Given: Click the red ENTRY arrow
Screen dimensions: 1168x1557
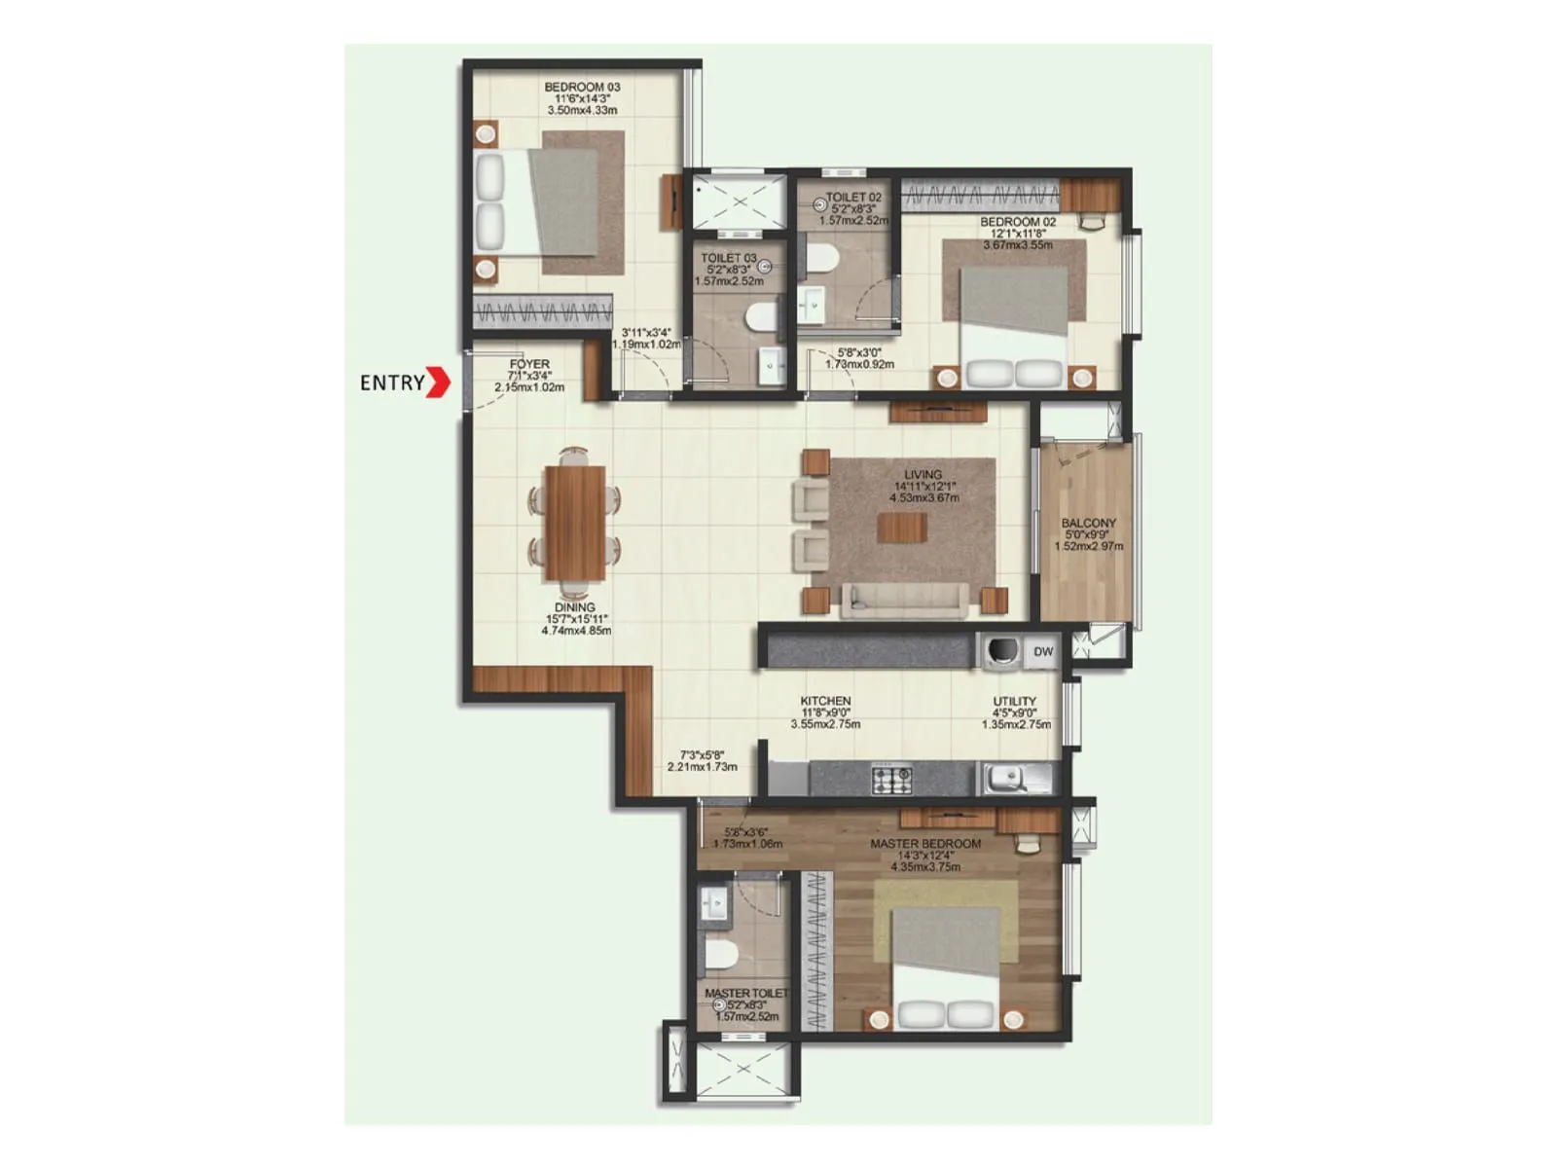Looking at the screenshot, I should (440, 382).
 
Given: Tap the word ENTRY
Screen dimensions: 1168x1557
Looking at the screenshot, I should (392, 383).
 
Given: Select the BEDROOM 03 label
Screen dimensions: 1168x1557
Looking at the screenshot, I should (582, 88).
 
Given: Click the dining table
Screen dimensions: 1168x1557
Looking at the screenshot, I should (574, 523).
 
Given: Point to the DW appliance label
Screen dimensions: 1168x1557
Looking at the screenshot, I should (1043, 652).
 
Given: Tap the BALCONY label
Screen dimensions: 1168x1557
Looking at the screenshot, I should (1088, 523).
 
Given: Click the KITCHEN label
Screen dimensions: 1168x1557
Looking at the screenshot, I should (825, 701).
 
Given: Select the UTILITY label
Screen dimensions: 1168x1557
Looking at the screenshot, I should (1014, 701).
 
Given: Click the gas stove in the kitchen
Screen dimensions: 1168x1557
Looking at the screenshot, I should (891, 779).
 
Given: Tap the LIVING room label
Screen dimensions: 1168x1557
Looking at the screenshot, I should (923, 475).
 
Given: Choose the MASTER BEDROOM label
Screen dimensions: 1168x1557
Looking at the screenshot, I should (925, 844).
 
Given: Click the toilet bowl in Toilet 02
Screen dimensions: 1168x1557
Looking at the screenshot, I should (822, 257).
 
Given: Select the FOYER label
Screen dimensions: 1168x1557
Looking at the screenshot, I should (529, 364).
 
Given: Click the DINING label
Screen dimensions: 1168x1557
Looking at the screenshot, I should (574, 607).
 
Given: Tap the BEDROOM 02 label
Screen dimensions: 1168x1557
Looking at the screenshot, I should (1018, 222).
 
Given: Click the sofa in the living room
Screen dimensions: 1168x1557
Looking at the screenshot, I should (905, 600).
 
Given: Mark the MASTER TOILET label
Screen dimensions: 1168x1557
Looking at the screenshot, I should (746, 994).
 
